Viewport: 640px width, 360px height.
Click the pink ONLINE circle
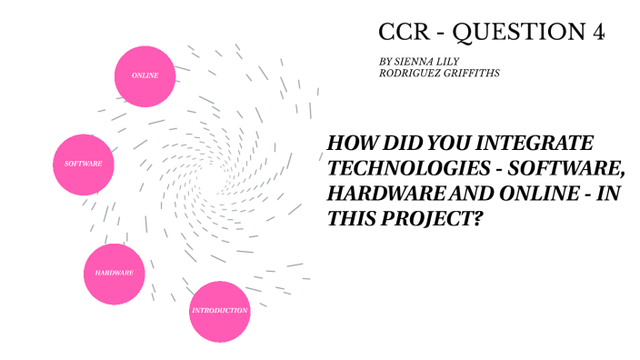click(145, 75)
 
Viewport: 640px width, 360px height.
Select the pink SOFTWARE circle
click(83, 164)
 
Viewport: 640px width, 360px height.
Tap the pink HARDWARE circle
click(115, 273)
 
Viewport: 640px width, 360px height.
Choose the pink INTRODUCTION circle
click(219, 311)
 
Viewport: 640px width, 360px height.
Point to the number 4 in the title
click(597, 33)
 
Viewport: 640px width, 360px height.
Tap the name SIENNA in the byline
click(415, 60)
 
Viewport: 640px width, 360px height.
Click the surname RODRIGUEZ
click(409, 72)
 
